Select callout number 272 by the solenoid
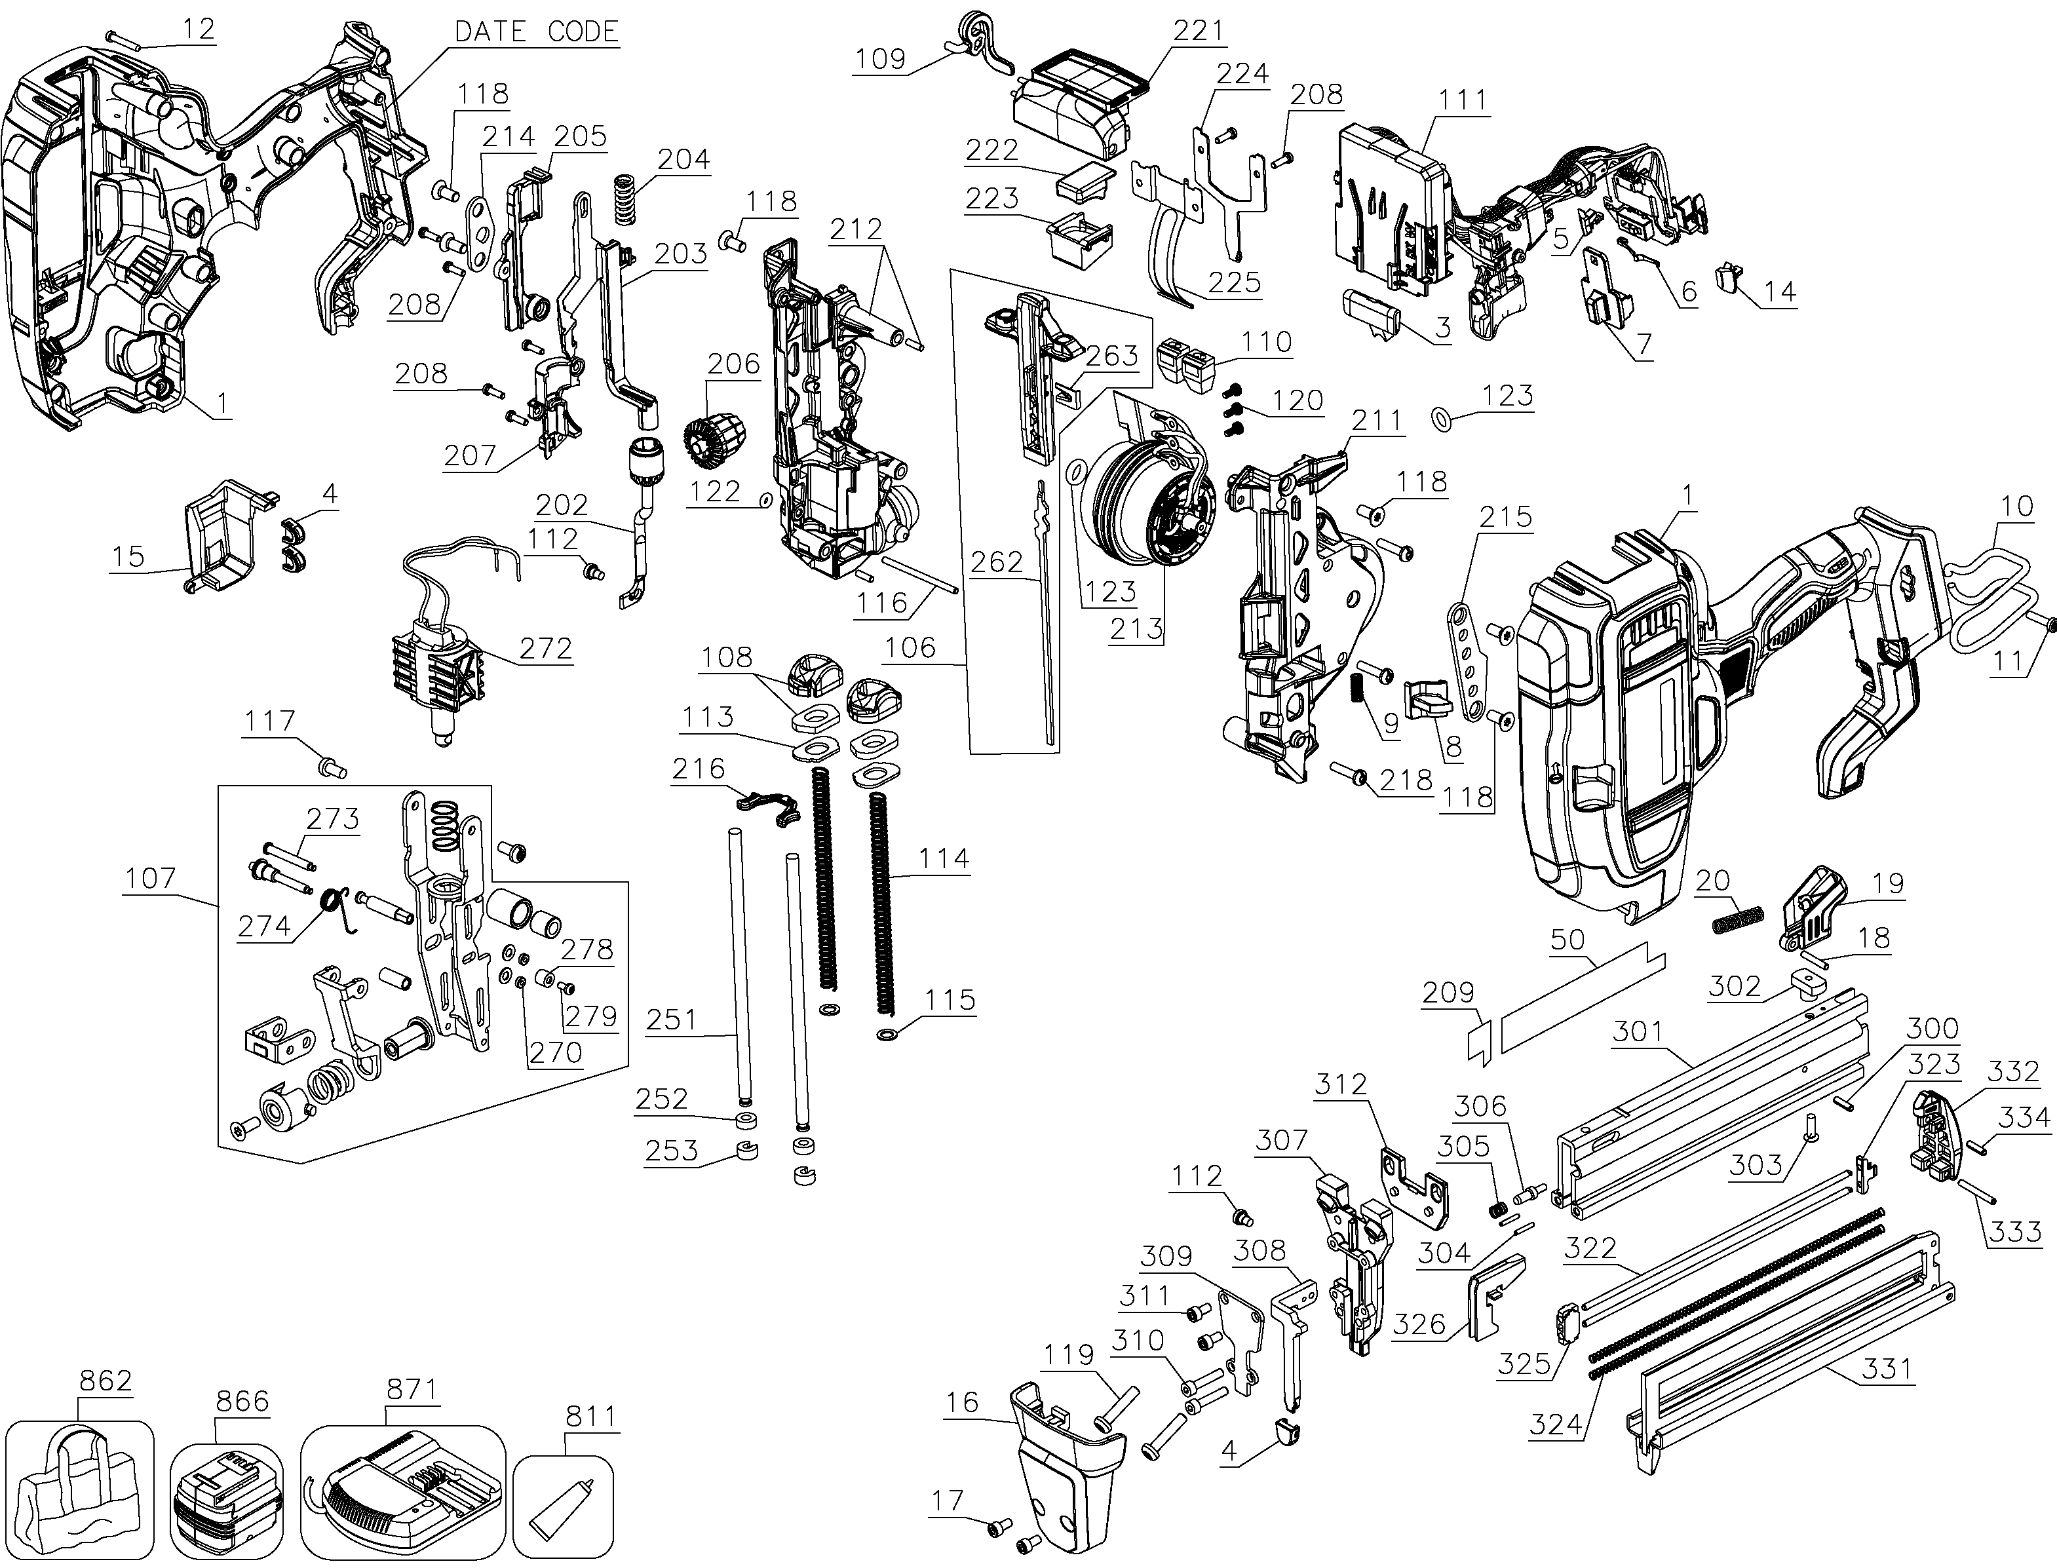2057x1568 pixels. click(545, 648)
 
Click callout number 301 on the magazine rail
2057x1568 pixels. click(1639, 1031)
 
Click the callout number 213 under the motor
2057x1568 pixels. click(1136, 629)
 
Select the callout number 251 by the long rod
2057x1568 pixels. click(670, 1020)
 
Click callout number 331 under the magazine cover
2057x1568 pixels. click(1886, 1369)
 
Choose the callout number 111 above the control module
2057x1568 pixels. click(1463, 100)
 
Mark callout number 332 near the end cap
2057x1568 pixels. click(2012, 1071)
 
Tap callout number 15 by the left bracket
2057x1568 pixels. click(128, 556)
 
